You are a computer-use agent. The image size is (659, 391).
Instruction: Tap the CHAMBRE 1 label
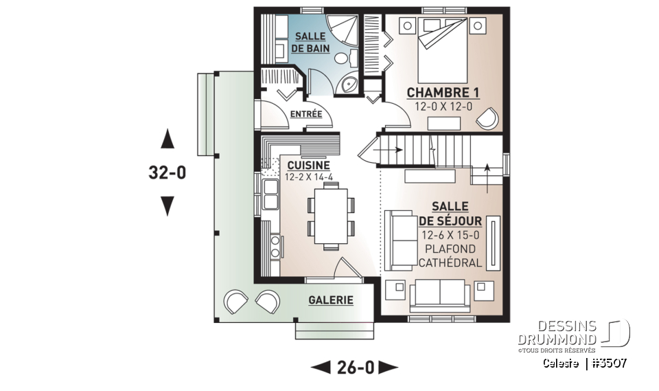[x=443, y=93]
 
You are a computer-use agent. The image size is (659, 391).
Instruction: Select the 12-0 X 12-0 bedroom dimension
[x=443, y=107]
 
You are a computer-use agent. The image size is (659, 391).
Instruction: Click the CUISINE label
[x=308, y=165]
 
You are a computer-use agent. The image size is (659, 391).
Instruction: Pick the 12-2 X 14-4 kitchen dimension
[x=308, y=177]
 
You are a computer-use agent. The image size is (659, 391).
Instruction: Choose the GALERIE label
[x=330, y=300]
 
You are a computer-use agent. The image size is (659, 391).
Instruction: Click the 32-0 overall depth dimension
[x=167, y=173]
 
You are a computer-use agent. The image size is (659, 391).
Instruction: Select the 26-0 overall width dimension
[x=355, y=368]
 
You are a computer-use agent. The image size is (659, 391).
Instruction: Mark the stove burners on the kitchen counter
[x=275, y=245]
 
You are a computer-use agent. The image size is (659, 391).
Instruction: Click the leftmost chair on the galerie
[x=235, y=300]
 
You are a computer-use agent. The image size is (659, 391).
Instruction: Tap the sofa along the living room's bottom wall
[x=439, y=293]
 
